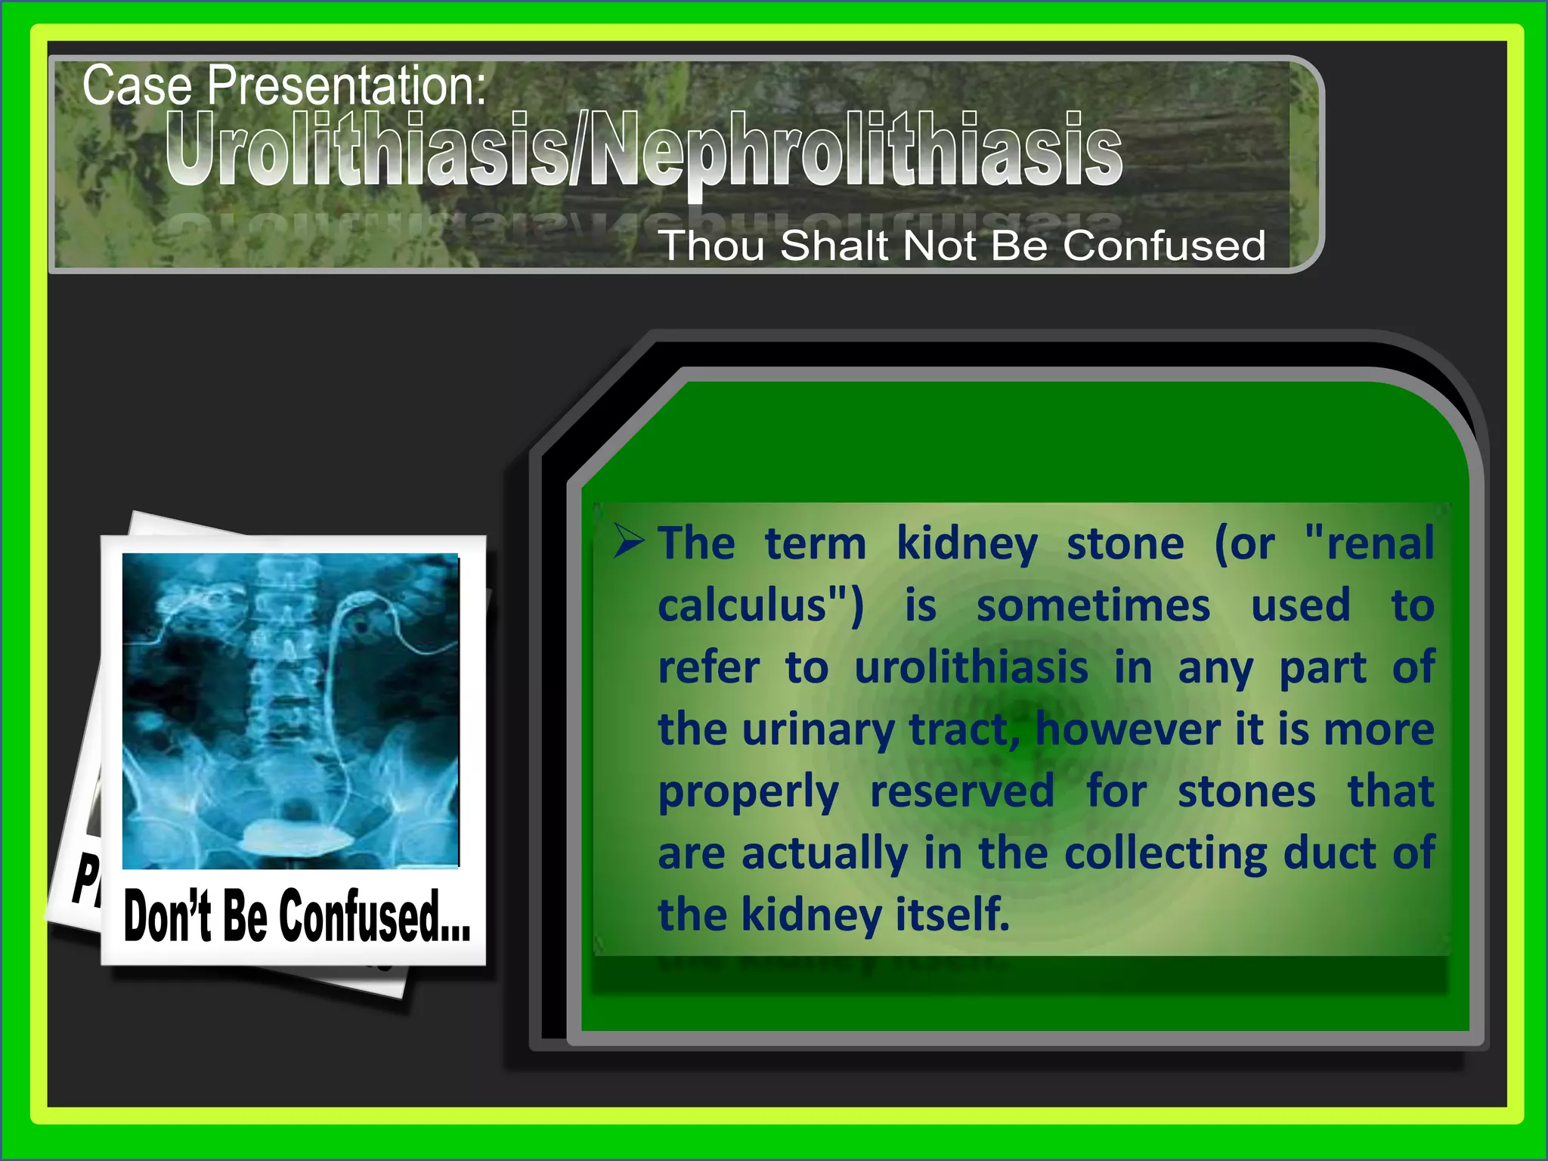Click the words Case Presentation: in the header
click(x=283, y=85)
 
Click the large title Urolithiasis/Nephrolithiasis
click(x=643, y=150)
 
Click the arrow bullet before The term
click(x=628, y=540)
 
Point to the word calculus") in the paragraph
click(x=760, y=606)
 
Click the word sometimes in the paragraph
click(x=1093, y=606)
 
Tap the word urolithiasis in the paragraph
click(x=971, y=668)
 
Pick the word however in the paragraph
click(x=1127, y=730)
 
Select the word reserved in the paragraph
click(x=961, y=791)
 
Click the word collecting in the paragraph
click(x=1165, y=853)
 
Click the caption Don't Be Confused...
click(x=296, y=917)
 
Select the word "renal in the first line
click(x=1369, y=544)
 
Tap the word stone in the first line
click(x=1125, y=544)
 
